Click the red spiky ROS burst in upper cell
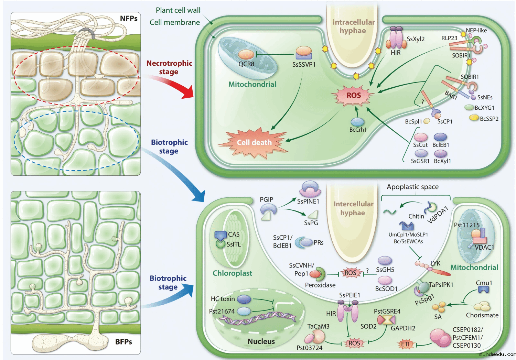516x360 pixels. click(353, 96)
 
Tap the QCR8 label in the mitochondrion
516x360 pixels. click(246, 64)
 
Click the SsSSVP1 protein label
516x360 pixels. click(304, 65)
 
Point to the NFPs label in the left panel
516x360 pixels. click(129, 19)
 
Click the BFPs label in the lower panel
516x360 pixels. click(123, 342)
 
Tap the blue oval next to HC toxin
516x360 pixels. click(244, 299)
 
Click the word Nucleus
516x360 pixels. click(261, 341)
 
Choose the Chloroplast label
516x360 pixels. click(232, 273)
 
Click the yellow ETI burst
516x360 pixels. click(405, 344)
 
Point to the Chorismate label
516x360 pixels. click(482, 315)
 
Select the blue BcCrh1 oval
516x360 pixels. click(357, 122)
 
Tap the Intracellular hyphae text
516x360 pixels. click(353, 26)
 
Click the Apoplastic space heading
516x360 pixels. click(412, 187)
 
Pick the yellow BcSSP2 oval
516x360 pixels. click(474, 118)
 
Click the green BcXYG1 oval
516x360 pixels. click(469, 107)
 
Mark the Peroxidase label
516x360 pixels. click(320, 285)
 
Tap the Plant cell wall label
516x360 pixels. click(178, 10)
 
